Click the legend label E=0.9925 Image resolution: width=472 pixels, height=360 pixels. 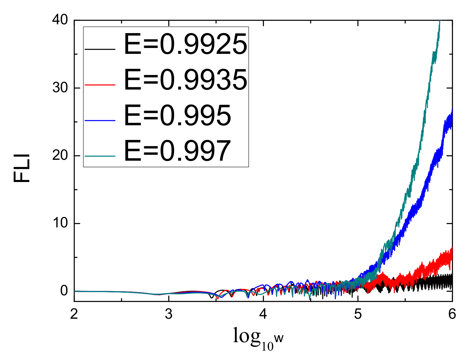pos(185,44)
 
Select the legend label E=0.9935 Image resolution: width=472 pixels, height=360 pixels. pos(185,80)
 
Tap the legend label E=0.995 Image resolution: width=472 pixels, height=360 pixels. pos(178,116)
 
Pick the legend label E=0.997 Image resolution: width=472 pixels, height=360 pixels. pos(178,151)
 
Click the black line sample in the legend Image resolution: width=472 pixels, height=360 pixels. pos(100,49)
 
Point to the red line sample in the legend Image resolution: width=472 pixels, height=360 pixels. pos(100,85)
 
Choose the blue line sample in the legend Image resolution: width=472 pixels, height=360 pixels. pos(100,120)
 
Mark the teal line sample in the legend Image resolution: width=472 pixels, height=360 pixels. pos(100,156)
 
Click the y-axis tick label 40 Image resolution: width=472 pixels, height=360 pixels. pos(60,20)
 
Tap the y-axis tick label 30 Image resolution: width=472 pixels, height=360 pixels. pos(60,88)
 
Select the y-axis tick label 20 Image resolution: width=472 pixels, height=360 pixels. pos(60,155)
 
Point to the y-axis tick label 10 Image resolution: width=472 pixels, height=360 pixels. pos(60,223)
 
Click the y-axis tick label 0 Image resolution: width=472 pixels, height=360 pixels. pos(64,291)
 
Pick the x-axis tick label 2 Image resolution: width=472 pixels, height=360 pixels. pos(74,314)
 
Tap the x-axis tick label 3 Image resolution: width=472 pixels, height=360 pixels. pos(168,314)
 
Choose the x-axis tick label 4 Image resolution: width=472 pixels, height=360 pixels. pos(263,314)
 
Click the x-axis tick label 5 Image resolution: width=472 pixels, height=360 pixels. pos(358,314)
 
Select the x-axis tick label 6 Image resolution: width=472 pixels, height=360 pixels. pos(452,314)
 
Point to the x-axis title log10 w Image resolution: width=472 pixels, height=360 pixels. pos(258,338)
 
